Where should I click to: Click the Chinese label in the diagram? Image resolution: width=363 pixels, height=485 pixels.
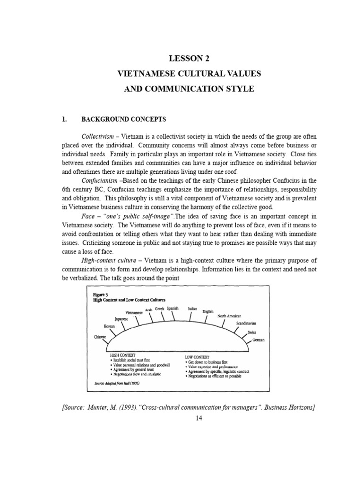[100, 337]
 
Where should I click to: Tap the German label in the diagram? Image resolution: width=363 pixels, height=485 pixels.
[259, 340]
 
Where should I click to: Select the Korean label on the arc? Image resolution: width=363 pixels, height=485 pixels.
[110, 327]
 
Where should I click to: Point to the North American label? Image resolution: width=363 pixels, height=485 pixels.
[229, 316]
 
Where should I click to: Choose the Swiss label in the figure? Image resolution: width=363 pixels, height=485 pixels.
[252, 332]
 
